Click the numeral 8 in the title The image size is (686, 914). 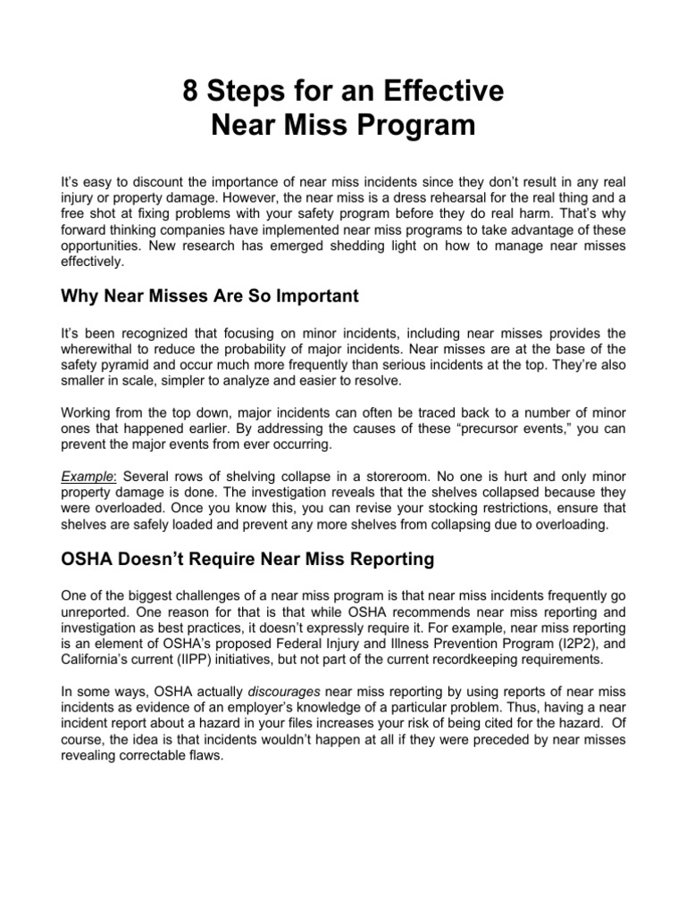coord(189,92)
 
